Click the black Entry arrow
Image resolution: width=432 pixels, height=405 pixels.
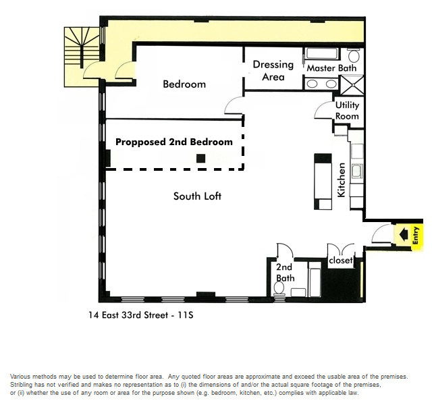click(x=404, y=235)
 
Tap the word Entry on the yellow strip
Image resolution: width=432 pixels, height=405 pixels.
click(x=415, y=236)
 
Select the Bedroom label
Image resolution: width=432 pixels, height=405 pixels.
click(x=184, y=84)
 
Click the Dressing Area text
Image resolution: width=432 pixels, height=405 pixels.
click(x=273, y=70)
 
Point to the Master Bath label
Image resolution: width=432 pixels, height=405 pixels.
click(x=331, y=68)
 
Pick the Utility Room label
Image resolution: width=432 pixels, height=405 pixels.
click(x=347, y=111)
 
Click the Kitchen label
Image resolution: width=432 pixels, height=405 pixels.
click(x=341, y=180)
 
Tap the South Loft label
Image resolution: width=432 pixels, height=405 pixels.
click(x=197, y=196)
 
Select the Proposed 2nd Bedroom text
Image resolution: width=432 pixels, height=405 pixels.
click(x=174, y=142)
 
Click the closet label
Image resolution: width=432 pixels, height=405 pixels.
click(x=340, y=260)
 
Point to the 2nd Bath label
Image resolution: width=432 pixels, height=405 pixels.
click(x=285, y=273)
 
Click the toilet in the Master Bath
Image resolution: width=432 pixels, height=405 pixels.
click(x=353, y=55)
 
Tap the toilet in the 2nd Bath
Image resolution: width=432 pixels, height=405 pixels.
click(x=279, y=289)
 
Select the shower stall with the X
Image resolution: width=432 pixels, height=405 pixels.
click(x=352, y=86)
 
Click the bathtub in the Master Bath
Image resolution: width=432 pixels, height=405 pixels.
click(x=321, y=54)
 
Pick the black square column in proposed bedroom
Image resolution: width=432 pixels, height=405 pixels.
click(x=200, y=159)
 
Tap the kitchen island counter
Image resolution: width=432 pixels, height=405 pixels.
click(x=323, y=182)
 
